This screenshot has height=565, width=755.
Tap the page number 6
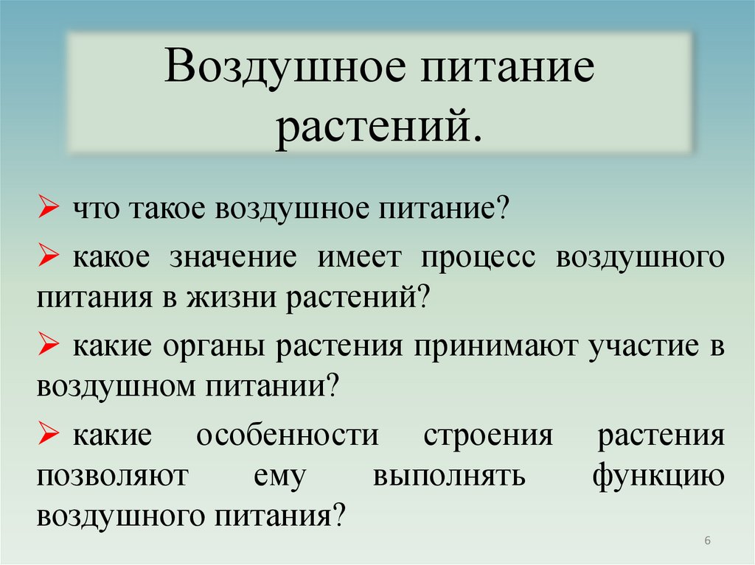click(x=707, y=541)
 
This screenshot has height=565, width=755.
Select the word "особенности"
click(x=287, y=436)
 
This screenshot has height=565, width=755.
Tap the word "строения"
click(x=487, y=436)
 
